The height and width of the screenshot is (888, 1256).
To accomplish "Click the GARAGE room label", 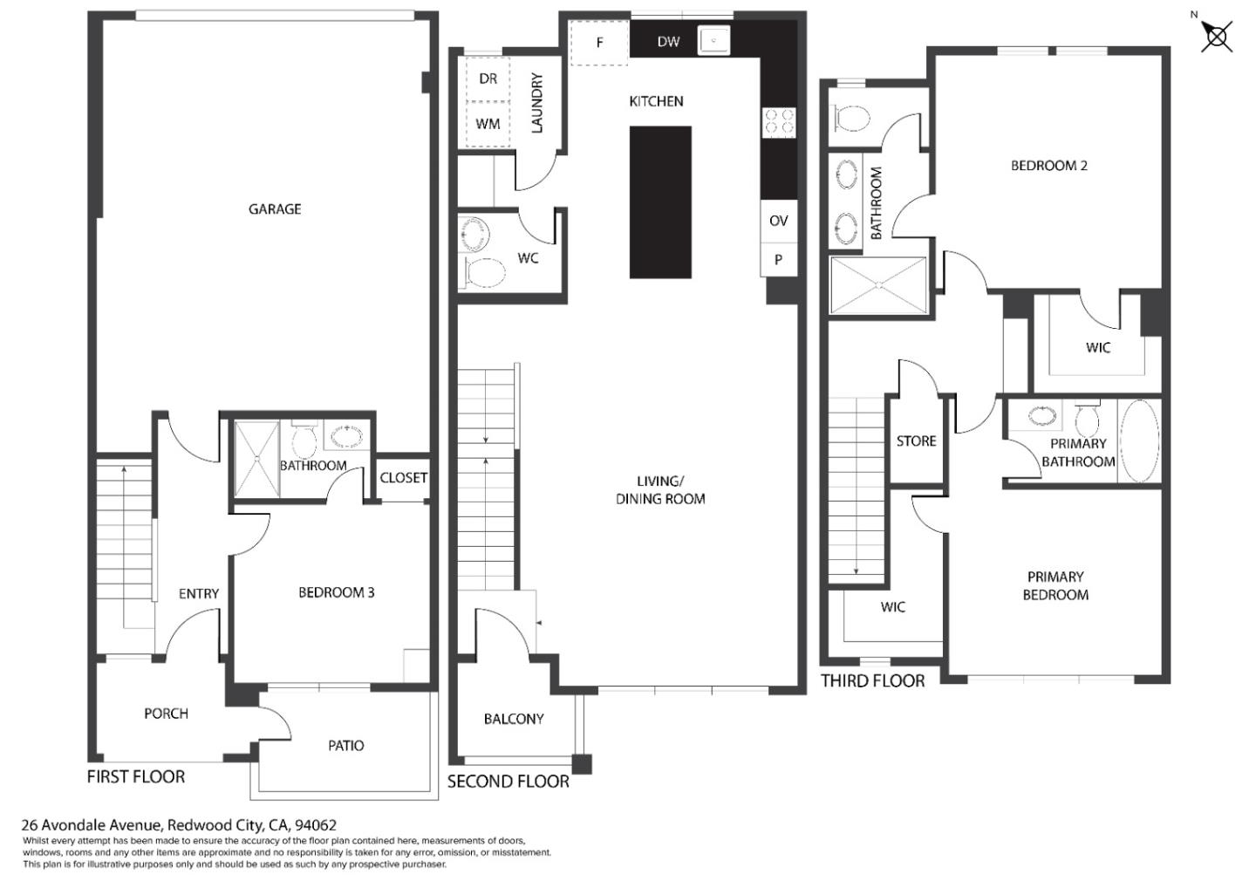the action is [x=275, y=209].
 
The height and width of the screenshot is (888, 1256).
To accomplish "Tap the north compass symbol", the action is [x=1216, y=36].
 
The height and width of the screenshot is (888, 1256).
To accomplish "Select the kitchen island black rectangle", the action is [x=660, y=202].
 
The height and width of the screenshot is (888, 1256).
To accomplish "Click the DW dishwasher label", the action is [x=668, y=42].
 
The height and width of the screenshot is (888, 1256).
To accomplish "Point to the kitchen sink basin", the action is [x=713, y=40].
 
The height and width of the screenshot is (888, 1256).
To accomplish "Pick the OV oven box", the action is [x=778, y=221].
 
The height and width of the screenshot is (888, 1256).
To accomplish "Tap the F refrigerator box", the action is [x=599, y=43].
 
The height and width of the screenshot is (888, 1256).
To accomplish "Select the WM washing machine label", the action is [x=488, y=124].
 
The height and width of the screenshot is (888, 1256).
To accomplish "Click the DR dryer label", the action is [x=488, y=79].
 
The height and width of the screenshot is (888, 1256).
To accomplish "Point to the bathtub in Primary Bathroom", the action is [x=1139, y=441].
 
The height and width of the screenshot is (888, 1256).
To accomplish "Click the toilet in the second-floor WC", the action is [x=483, y=272].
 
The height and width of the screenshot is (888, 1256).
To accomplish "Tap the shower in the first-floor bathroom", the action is [x=256, y=459].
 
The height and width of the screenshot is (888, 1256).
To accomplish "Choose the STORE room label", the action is [x=916, y=441].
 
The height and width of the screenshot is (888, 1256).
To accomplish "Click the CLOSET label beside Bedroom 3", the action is [x=403, y=478].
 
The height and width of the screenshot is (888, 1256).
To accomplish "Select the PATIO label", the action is [x=346, y=746].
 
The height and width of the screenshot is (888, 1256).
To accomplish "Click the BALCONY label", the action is [x=514, y=719].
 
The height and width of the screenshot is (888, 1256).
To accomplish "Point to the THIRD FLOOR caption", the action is [x=873, y=680].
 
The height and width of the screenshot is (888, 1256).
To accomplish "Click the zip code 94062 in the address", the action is [x=316, y=825].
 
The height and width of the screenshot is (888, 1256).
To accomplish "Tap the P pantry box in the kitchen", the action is [x=778, y=260].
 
